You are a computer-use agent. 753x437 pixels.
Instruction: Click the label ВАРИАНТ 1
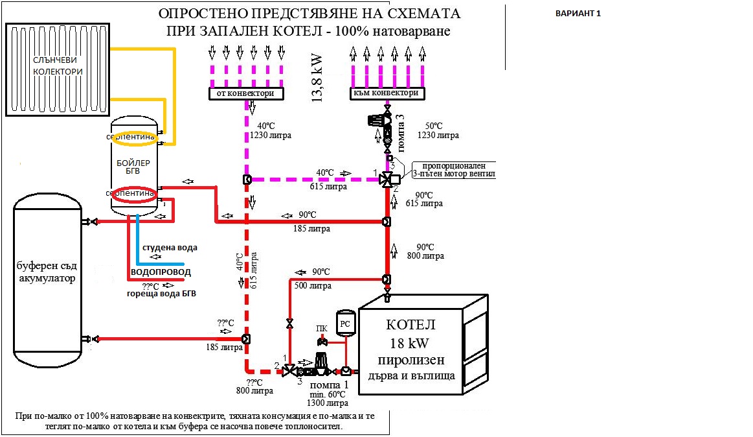[x=578, y=14]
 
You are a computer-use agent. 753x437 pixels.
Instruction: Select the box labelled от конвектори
[x=247, y=93]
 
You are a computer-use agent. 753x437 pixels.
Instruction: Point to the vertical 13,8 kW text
[x=318, y=77]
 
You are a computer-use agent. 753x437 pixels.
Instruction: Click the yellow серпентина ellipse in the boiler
[x=132, y=137]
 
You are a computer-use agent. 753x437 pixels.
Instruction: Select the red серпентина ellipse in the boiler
[x=132, y=194]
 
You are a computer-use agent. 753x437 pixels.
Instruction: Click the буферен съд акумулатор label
[x=47, y=272]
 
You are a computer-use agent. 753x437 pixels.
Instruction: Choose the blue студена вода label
[x=170, y=248]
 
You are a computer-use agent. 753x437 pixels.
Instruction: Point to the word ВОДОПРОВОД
[x=161, y=272]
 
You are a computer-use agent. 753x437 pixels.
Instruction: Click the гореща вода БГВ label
[x=161, y=294]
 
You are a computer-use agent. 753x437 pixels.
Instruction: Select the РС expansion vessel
[x=345, y=323]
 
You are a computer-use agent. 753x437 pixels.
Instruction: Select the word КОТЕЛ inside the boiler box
[x=411, y=324]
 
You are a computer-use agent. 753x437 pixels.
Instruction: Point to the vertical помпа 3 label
[x=401, y=126]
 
